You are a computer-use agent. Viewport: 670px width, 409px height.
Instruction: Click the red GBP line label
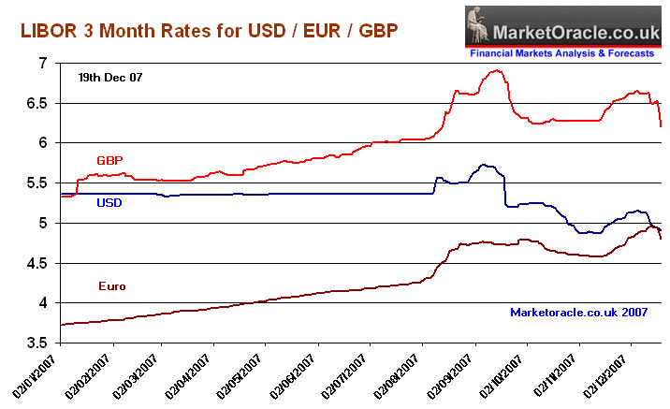(x=110, y=160)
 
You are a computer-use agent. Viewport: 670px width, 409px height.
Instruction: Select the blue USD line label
(x=110, y=202)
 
